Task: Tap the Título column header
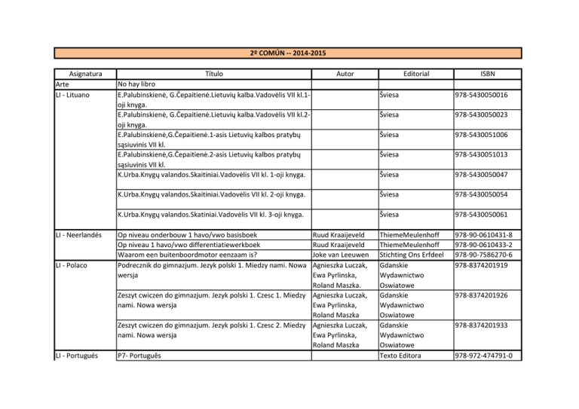coord(214,75)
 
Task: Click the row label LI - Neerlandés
coord(81,234)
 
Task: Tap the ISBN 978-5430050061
coord(480,214)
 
